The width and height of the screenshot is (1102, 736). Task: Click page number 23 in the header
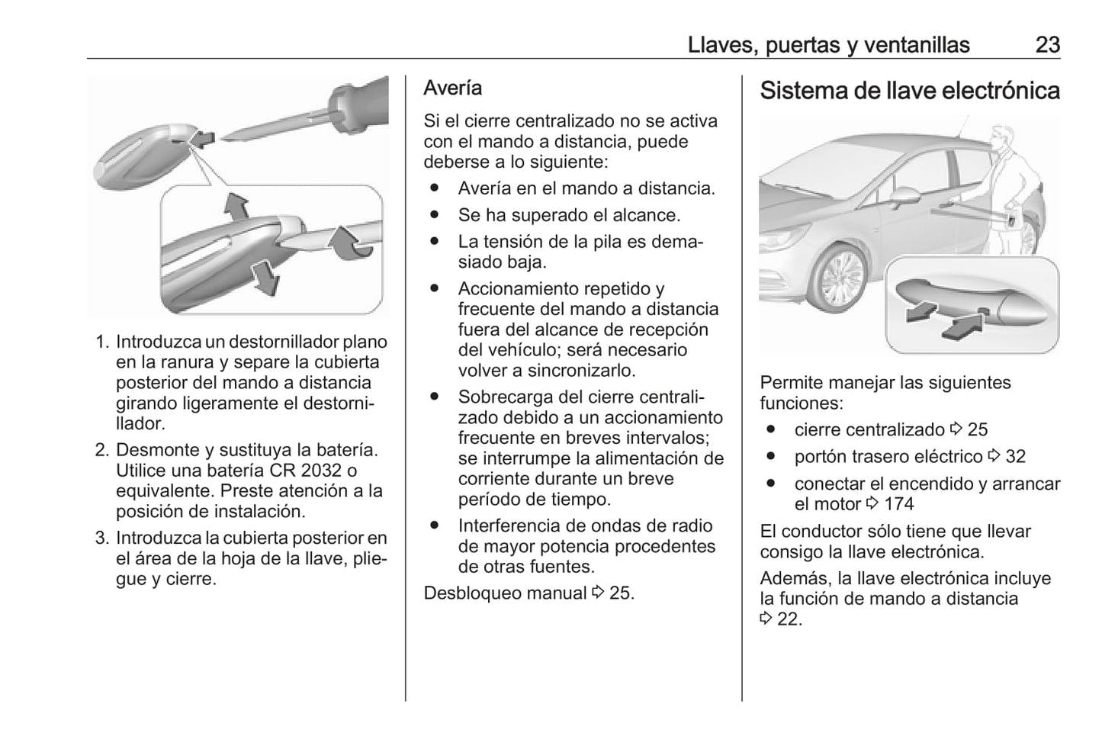pyautogui.click(x=1047, y=45)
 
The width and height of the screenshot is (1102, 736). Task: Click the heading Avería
pyautogui.click(x=453, y=88)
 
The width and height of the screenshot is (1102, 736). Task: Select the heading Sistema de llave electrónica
pyautogui.click(x=909, y=91)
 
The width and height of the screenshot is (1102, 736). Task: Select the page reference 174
pyautogui.click(x=898, y=504)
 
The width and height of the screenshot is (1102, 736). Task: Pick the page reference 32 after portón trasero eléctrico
pyautogui.click(x=1015, y=457)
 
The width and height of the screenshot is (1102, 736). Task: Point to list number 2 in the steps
pyautogui.click(x=102, y=450)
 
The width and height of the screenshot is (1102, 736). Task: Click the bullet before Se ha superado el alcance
pyautogui.click(x=435, y=215)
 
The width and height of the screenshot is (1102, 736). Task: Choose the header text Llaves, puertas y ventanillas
pyautogui.click(x=828, y=45)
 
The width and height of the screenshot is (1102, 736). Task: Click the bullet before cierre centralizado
pyautogui.click(x=771, y=429)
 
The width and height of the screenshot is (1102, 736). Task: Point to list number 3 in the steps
pyautogui.click(x=102, y=538)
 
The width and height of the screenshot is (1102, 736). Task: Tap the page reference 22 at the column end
pyautogui.click(x=789, y=619)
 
